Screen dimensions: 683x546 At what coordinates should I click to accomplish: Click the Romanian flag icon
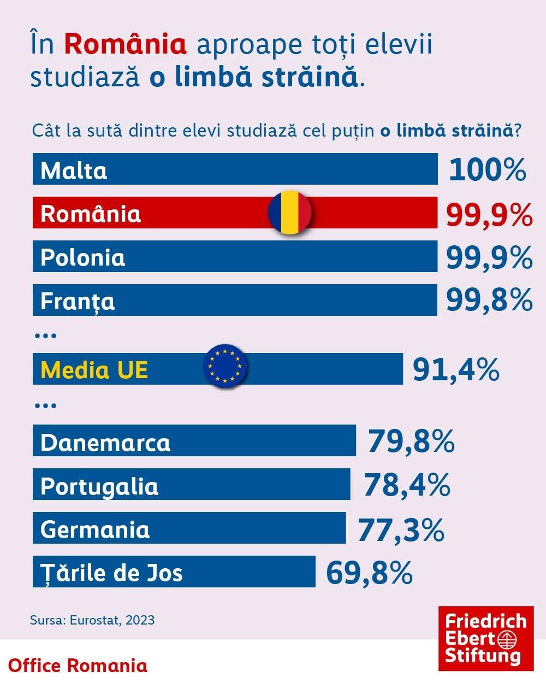(289, 213)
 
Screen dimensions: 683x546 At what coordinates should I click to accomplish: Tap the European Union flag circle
(225, 366)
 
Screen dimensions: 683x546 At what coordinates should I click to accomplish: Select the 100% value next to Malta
(488, 170)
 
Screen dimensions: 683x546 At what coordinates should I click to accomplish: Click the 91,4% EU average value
(456, 370)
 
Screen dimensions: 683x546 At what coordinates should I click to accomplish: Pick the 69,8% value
(369, 573)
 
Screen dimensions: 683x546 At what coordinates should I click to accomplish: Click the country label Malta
(74, 170)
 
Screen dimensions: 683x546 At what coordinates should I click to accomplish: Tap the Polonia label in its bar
(82, 257)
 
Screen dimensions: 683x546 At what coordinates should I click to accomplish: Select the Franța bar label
(78, 301)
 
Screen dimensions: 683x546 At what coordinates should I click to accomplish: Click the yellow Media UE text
(94, 370)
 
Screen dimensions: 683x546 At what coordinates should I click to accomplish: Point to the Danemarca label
(105, 442)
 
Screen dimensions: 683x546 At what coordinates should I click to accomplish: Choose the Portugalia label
(99, 486)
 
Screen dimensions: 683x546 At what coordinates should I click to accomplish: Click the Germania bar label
(95, 529)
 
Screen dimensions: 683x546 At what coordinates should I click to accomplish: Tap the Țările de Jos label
(111, 573)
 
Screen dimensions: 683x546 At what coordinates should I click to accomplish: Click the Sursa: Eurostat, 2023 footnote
(92, 620)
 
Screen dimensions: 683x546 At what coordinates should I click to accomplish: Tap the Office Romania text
(78, 666)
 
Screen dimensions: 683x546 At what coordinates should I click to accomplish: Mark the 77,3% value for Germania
(401, 529)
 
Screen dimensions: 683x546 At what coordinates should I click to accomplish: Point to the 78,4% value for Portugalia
(407, 485)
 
